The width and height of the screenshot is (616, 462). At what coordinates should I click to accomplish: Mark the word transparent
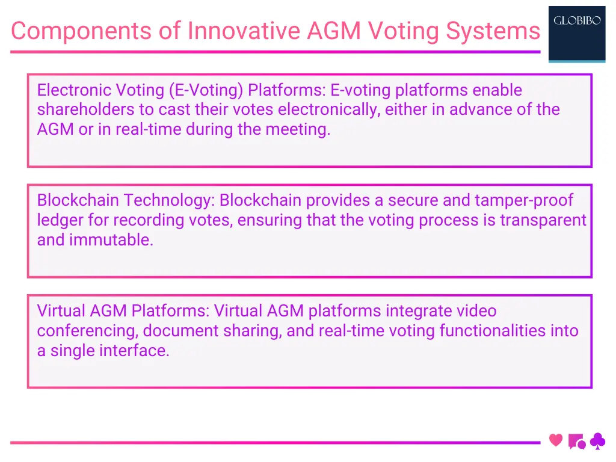coord(543,220)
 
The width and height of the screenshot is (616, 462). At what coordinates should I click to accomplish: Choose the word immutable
coord(111,240)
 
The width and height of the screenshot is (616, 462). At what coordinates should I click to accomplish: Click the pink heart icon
coord(556,440)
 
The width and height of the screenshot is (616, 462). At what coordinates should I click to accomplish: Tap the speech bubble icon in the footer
coord(576,442)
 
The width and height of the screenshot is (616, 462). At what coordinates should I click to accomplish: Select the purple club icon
coord(597,442)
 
